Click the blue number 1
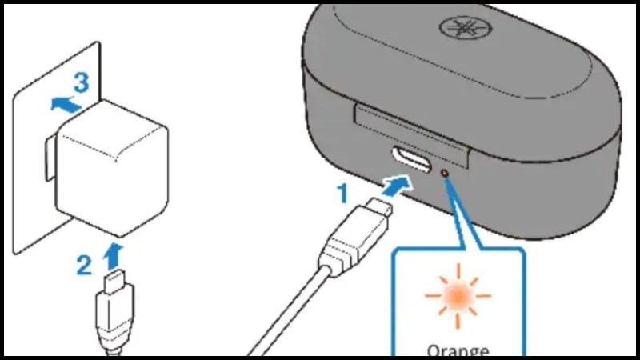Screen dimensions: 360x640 (342, 192)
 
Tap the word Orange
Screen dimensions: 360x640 (458, 349)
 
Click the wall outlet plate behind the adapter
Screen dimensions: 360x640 (32, 184)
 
